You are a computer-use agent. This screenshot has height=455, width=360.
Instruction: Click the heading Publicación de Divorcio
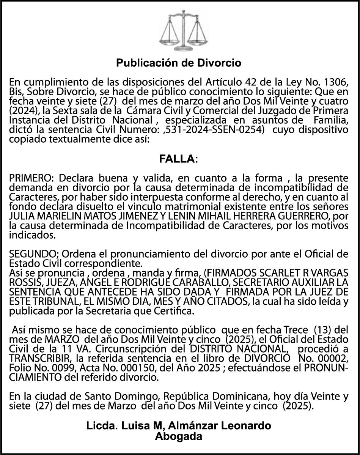[179, 63]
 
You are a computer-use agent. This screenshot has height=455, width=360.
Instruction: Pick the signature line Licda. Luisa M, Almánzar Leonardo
[179, 426]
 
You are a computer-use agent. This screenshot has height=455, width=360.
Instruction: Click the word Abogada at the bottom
[179, 437]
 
